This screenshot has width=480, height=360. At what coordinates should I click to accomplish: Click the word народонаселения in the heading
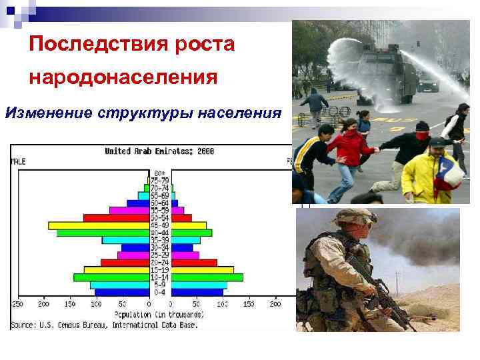123,77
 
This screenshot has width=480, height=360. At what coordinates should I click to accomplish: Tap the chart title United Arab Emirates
143,151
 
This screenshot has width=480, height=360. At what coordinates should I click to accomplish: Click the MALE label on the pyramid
19,161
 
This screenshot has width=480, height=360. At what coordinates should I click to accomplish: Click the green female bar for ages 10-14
207,277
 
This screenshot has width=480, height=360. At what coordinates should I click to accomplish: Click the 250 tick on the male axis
17,304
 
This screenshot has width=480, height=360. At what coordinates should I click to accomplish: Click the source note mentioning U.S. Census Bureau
113,325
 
